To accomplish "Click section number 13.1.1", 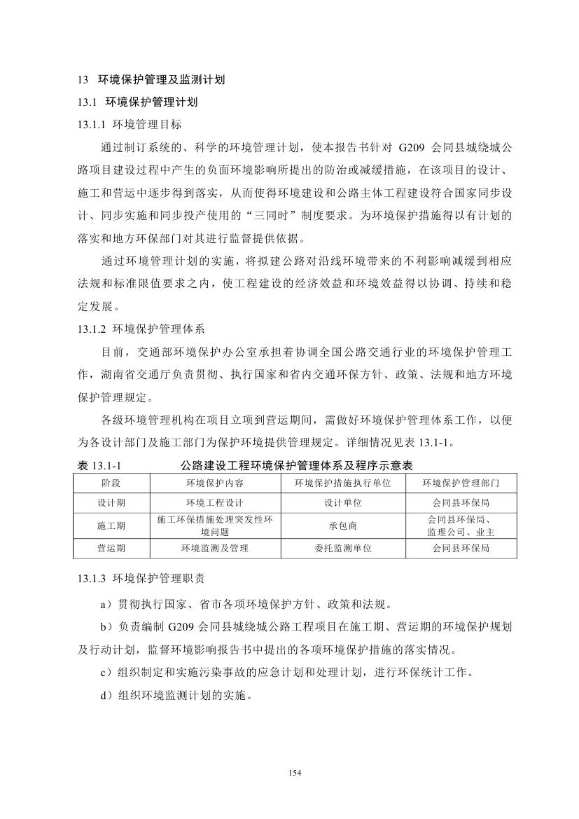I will [x=92, y=125].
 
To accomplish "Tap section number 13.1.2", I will [x=92, y=328].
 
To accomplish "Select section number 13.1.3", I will [x=92, y=580].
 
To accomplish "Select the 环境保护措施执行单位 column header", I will [x=342, y=483].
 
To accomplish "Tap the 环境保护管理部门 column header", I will [x=460, y=483].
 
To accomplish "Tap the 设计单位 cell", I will [x=342, y=503].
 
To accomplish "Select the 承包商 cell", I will [x=342, y=525].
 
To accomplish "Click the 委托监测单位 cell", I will [x=342, y=549].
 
